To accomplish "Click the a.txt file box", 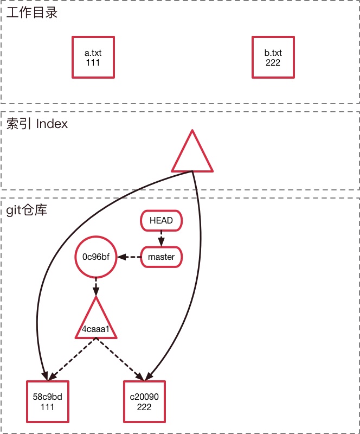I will coord(93,57).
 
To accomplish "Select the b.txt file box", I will coord(273,57).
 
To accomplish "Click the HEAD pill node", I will coord(161,220).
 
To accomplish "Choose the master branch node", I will coord(161,257).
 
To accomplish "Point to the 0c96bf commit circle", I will coord(96,257).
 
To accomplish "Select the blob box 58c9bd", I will coord(48,401).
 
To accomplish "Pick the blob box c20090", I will coord(144,401).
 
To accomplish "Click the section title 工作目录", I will coord(31,12).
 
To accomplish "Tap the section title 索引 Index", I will coord(37,124).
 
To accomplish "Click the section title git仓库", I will coord(27,209).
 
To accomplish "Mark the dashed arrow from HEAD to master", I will coord(161,238).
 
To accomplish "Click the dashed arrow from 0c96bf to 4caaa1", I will coord(96,286).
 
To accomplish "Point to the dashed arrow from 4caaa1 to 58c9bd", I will coord(73,359).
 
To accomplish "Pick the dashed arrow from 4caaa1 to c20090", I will coord(120,359).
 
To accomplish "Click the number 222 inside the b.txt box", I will coord(273,62).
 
